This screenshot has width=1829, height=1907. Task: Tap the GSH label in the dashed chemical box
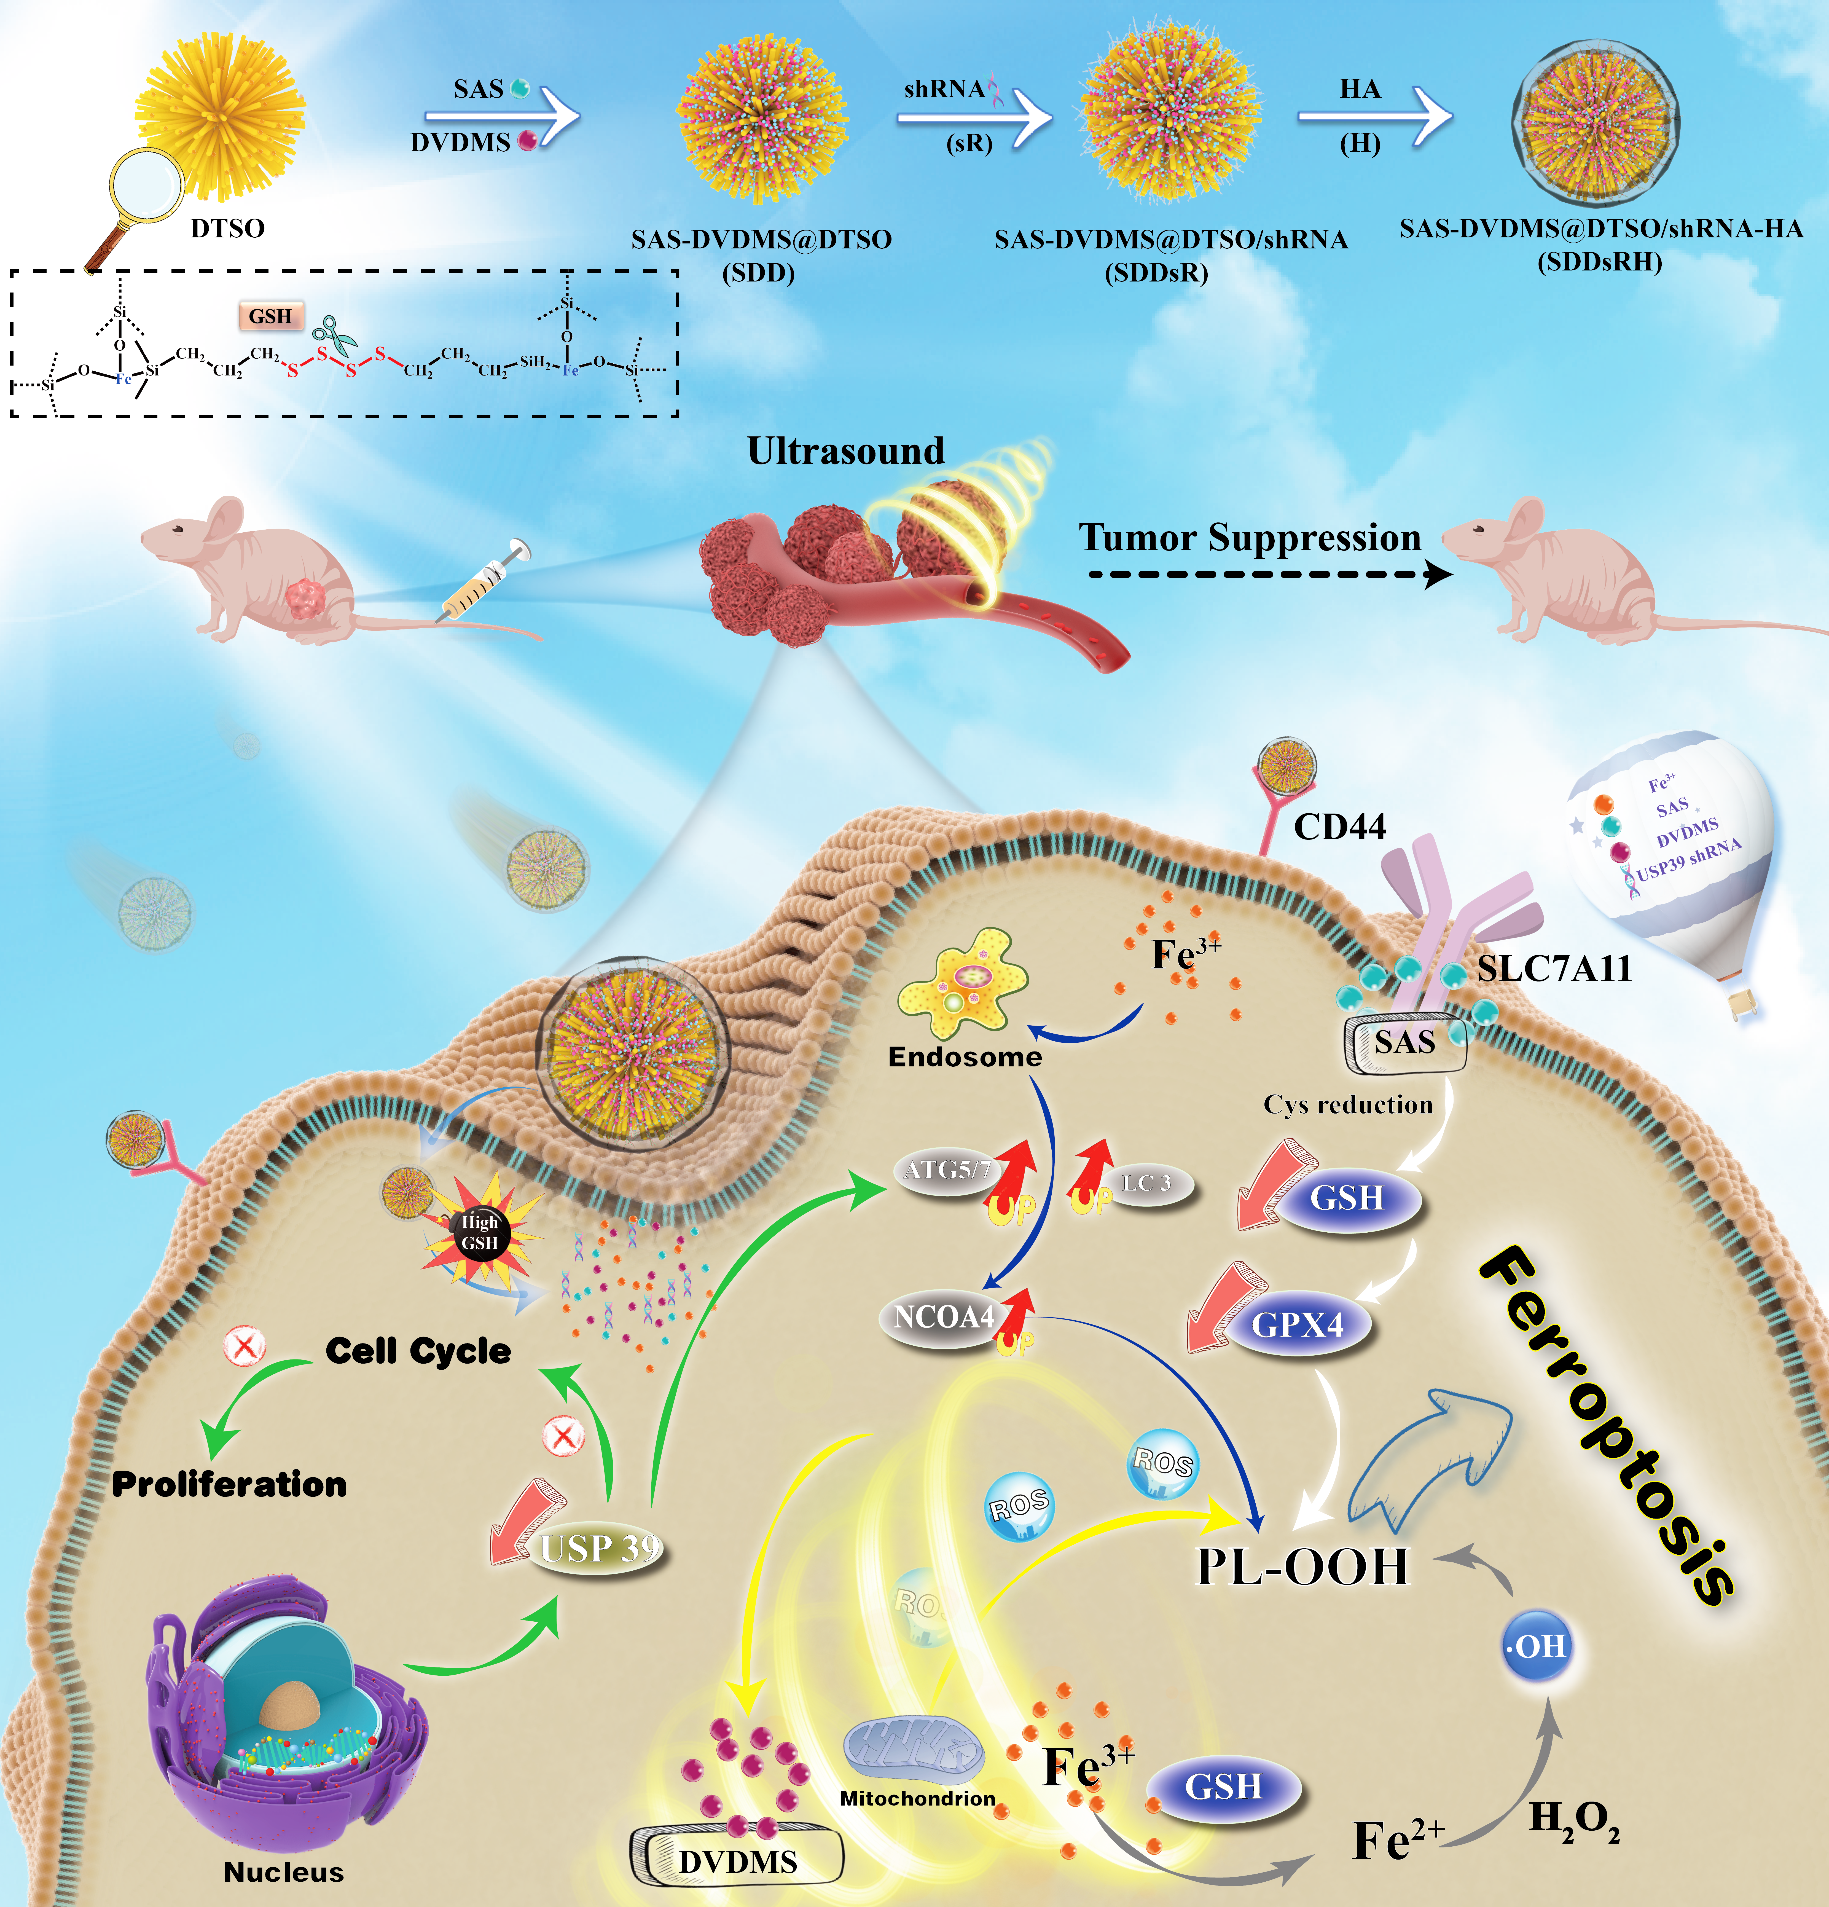tap(270, 316)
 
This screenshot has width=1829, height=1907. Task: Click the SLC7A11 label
tap(1554, 969)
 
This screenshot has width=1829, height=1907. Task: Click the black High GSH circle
tap(480, 1233)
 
